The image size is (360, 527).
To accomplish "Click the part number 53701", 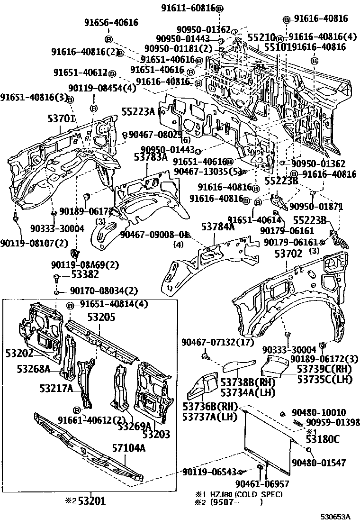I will pyautogui.click(x=62, y=118).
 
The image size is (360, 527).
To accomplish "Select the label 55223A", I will pyautogui.click(x=138, y=112).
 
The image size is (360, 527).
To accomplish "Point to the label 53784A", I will pyautogui.click(x=218, y=227).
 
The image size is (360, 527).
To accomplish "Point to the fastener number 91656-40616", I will pyautogui.click(x=111, y=22).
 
